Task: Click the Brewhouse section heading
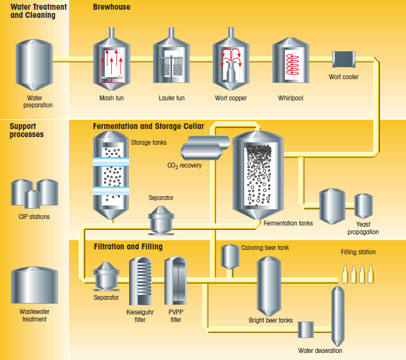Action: pos(111,8)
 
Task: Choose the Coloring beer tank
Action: pos(231,256)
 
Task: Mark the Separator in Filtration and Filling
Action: pos(106,277)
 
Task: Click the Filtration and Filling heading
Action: pos(128,247)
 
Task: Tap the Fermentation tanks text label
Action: pos(288,223)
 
